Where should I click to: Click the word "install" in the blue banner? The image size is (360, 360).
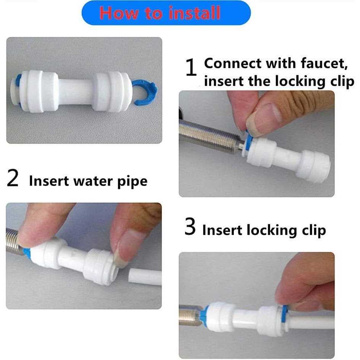coord(194,13)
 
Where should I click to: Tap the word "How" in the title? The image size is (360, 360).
coord(119,13)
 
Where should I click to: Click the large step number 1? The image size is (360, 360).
coord(191,67)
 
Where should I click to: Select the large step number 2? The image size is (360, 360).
coord(13,178)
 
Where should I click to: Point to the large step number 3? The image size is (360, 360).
coord(190,227)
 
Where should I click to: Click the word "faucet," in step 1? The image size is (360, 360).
coord(324,63)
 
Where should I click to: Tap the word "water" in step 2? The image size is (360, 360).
coord(93,181)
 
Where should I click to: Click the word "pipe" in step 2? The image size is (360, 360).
coord(132,182)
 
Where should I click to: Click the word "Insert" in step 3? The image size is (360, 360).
coord(222,230)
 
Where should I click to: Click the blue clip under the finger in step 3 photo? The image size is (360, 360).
coord(284,314)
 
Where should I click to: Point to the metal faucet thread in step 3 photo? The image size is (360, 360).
coord(190,315)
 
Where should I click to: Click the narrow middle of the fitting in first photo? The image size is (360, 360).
coord(76,92)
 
